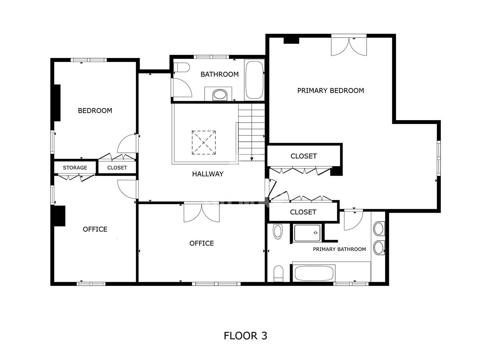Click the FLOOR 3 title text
coord(245,336)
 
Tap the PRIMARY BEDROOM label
coord(331,91)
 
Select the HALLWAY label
coord(208,174)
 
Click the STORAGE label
coord(75,168)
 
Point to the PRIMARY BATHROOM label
coord(339,249)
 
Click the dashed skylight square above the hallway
coord(204,143)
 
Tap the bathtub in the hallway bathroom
coord(254,80)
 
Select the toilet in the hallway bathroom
coord(181,67)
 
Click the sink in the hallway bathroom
coord(220,95)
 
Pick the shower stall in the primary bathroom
coord(307,233)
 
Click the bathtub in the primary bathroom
coord(314,273)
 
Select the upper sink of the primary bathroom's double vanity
coord(379,228)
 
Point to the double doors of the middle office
coord(202,213)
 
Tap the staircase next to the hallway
coord(251,132)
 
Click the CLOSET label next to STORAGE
coord(117,168)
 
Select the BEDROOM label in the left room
coord(95,111)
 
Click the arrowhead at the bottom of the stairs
coord(252,159)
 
